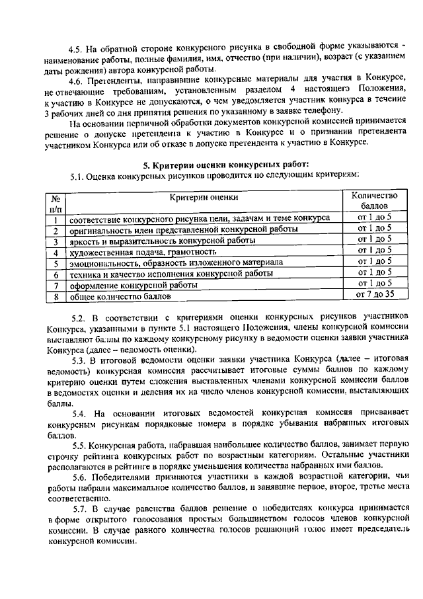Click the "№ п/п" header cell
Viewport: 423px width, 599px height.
click(x=56, y=202)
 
